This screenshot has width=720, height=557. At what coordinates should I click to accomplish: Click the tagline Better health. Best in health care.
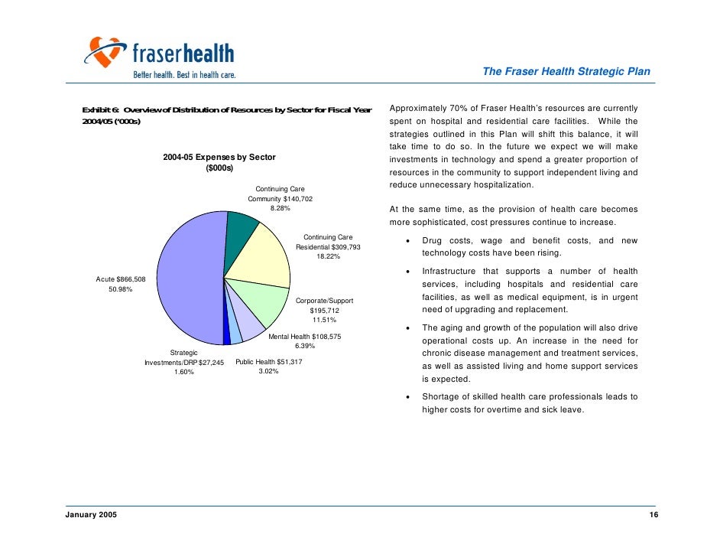click(x=184, y=75)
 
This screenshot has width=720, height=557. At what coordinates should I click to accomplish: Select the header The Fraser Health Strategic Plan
click(x=566, y=72)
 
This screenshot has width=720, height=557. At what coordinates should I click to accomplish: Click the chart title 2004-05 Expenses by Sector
click(x=219, y=158)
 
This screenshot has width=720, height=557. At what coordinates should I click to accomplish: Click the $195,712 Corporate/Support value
click(x=324, y=311)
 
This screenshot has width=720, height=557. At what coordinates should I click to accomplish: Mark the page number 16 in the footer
click(x=654, y=516)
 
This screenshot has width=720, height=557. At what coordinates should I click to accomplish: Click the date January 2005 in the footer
click(x=86, y=516)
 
